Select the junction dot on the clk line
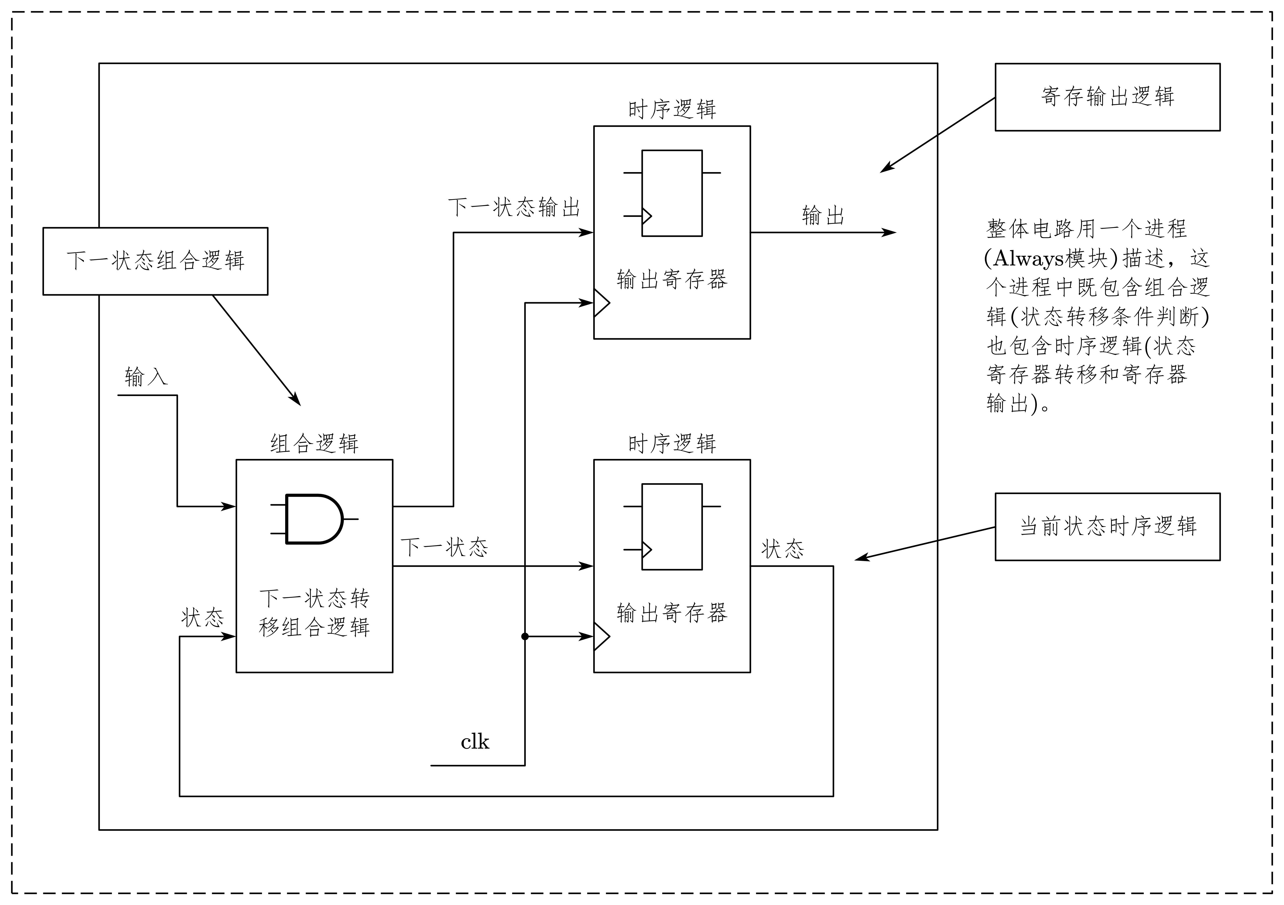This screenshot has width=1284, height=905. tap(525, 637)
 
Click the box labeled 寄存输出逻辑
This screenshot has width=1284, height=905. tap(1107, 97)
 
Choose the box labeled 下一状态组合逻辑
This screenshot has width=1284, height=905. tap(156, 261)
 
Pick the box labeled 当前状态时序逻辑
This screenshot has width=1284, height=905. tap(1107, 527)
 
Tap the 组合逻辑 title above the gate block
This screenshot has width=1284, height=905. tap(314, 444)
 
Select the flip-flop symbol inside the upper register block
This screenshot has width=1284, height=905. tap(672, 193)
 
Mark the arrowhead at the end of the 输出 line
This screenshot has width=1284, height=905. tap(889, 232)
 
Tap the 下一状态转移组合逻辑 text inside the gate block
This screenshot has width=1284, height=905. tap(314, 613)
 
